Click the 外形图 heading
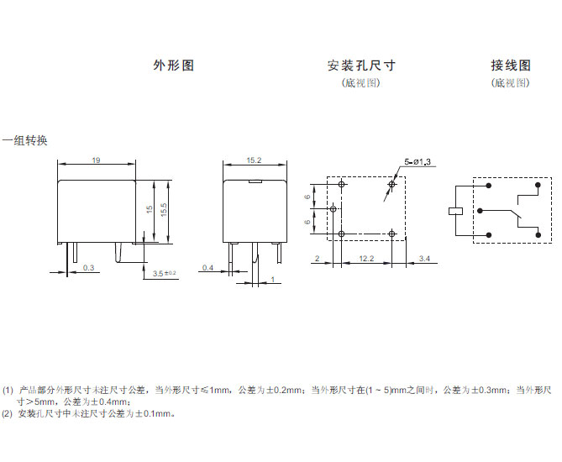point(173,66)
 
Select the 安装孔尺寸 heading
point(361,66)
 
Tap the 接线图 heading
point(511,66)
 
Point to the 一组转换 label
point(24,141)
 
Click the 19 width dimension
point(97,160)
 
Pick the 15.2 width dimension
point(254,160)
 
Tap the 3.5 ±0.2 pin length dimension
point(165,273)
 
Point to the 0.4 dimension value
point(207,268)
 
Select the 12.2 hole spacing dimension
point(366,258)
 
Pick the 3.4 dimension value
point(423,258)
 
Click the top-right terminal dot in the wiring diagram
point(537,184)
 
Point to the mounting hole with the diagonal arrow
point(392,183)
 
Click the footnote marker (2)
point(8,413)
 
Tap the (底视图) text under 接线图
point(511,83)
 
